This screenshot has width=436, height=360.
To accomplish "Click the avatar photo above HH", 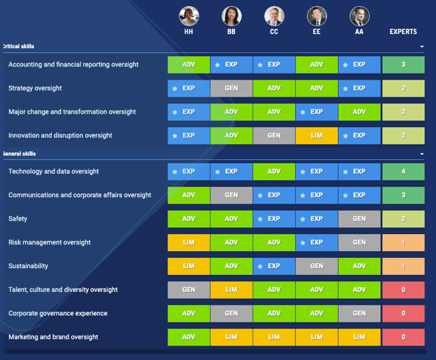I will [x=189, y=16].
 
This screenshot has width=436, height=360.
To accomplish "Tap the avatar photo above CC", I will [x=274, y=16].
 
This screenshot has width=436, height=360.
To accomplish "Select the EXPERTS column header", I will [x=403, y=32].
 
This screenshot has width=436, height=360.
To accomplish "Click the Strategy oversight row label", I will [x=35, y=88].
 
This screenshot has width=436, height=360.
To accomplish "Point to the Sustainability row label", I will [x=28, y=266].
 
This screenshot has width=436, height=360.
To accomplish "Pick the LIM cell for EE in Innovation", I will [x=316, y=135].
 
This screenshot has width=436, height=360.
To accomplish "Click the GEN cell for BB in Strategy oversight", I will [x=231, y=88].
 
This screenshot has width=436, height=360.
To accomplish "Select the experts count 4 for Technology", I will [x=403, y=171].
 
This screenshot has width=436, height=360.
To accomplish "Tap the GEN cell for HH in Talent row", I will [x=189, y=290].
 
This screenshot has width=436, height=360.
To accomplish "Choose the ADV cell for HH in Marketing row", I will [x=189, y=337].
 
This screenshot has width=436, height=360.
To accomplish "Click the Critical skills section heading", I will [x=18, y=46].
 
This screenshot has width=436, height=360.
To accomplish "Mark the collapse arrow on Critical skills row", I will [x=422, y=46].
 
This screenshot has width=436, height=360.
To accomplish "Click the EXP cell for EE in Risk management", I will [x=316, y=242].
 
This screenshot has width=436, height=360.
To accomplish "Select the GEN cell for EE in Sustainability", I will [x=316, y=266].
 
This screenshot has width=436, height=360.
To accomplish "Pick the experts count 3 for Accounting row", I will [x=403, y=65].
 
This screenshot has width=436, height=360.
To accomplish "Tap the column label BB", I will [x=231, y=32].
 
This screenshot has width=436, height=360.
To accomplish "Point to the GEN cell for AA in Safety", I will [x=359, y=219].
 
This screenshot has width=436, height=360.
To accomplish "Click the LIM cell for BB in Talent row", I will [x=231, y=290].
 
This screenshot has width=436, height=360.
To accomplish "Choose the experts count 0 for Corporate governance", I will [x=403, y=314].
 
